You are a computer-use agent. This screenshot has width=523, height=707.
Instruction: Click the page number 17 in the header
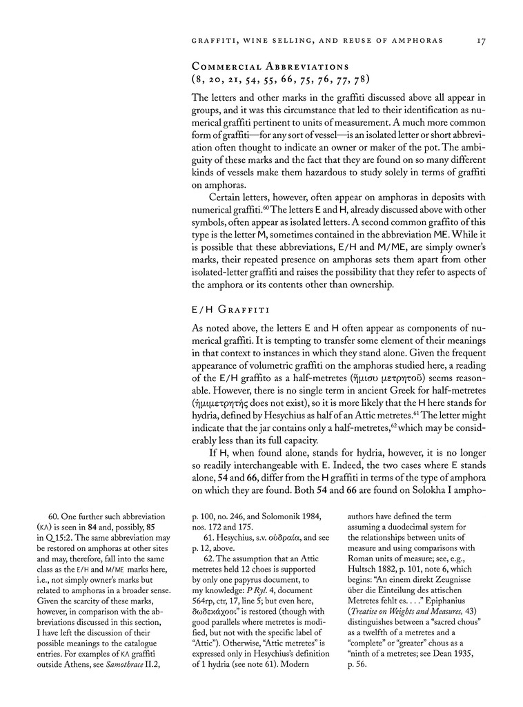[482, 41]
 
